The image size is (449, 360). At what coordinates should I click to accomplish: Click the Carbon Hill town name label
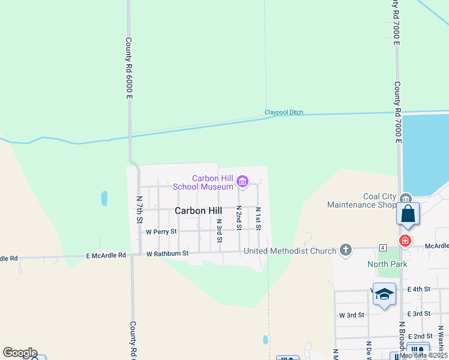[198, 211]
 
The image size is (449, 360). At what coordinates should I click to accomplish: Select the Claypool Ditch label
[284, 112]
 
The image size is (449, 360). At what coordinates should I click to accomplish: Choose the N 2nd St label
[238, 217]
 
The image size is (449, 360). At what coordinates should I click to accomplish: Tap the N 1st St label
[258, 219]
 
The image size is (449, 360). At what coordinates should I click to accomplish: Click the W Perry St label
[161, 231]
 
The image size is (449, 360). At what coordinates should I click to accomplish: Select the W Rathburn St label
[168, 253]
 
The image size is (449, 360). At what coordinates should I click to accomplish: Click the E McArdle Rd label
[106, 255]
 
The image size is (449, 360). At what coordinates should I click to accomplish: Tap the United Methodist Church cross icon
[345, 249]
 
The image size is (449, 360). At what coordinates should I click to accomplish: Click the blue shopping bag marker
[408, 214]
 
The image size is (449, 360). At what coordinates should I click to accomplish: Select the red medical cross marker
[405, 241]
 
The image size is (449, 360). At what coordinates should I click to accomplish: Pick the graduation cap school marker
[384, 294]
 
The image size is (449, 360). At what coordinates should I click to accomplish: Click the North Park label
[387, 264]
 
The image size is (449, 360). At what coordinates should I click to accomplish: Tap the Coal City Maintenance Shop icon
[405, 199]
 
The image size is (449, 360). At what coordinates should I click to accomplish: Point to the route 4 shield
[382, 247]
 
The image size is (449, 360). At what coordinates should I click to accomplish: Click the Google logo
[20, 353]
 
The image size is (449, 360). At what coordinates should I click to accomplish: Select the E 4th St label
[418, 289]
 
